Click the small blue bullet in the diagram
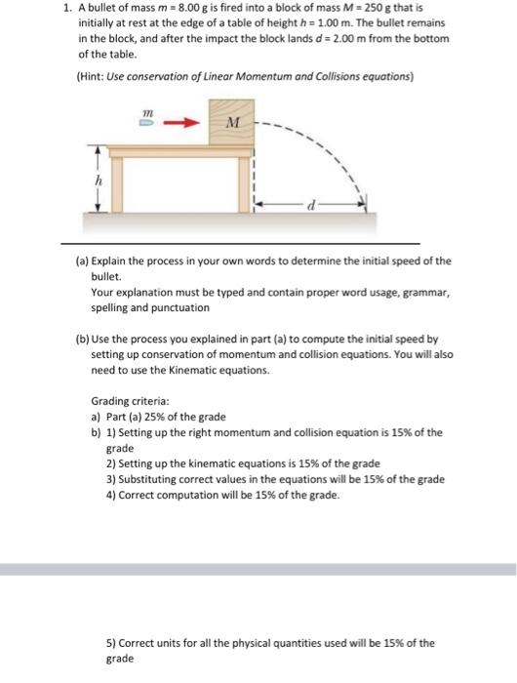coord(148,124)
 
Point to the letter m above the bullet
coord(148,112)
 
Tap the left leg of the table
coord(116,180)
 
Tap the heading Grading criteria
coord(130,401)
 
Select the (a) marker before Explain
coord(81,261)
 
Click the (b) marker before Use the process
coord(81,340)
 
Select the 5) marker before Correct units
coord(110,643)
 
